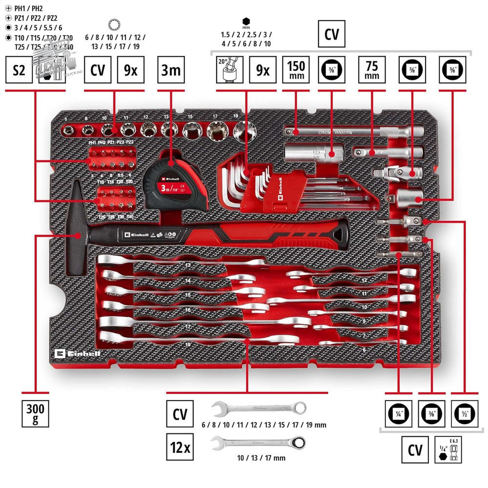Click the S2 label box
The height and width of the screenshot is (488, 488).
[x=19, y=70]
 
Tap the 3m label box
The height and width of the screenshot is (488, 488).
[x=171, y=70]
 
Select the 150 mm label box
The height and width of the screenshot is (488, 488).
[x=296, y=70]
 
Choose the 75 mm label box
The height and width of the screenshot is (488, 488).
[x=372, y=70]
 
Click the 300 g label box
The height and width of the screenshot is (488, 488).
[x=35, y=413]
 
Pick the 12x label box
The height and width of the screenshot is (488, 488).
[x=180, y=446]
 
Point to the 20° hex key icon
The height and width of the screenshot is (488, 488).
[x=229, y=70]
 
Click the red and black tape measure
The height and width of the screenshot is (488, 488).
[x=169, y=183]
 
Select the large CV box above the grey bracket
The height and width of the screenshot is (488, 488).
[x=332, y=34]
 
